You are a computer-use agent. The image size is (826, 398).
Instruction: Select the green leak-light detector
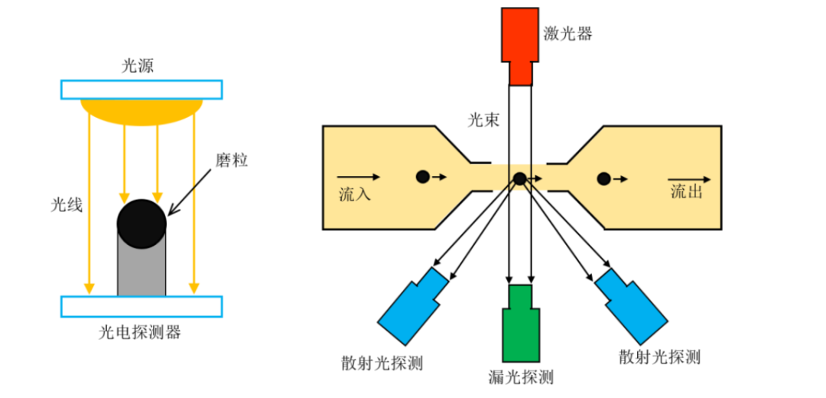click(x=520, y=325)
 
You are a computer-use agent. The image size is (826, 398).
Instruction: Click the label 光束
click(x=483, y=119)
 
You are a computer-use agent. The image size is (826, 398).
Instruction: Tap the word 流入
click(x=355, y=194)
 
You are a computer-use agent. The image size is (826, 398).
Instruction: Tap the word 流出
click(x=686, y=192)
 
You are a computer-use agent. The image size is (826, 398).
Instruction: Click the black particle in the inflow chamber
click(x=422, y=177)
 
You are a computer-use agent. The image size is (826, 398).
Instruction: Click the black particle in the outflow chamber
click(x=603, y=179)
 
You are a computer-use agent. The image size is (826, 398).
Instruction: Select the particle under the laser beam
click(x=519, y=179)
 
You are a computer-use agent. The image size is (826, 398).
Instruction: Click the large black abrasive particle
click(x=141, y=223)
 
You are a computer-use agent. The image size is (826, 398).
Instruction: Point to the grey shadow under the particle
click(x=141, y=272)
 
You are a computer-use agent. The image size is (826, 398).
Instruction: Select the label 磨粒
click(x=232, y=161)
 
